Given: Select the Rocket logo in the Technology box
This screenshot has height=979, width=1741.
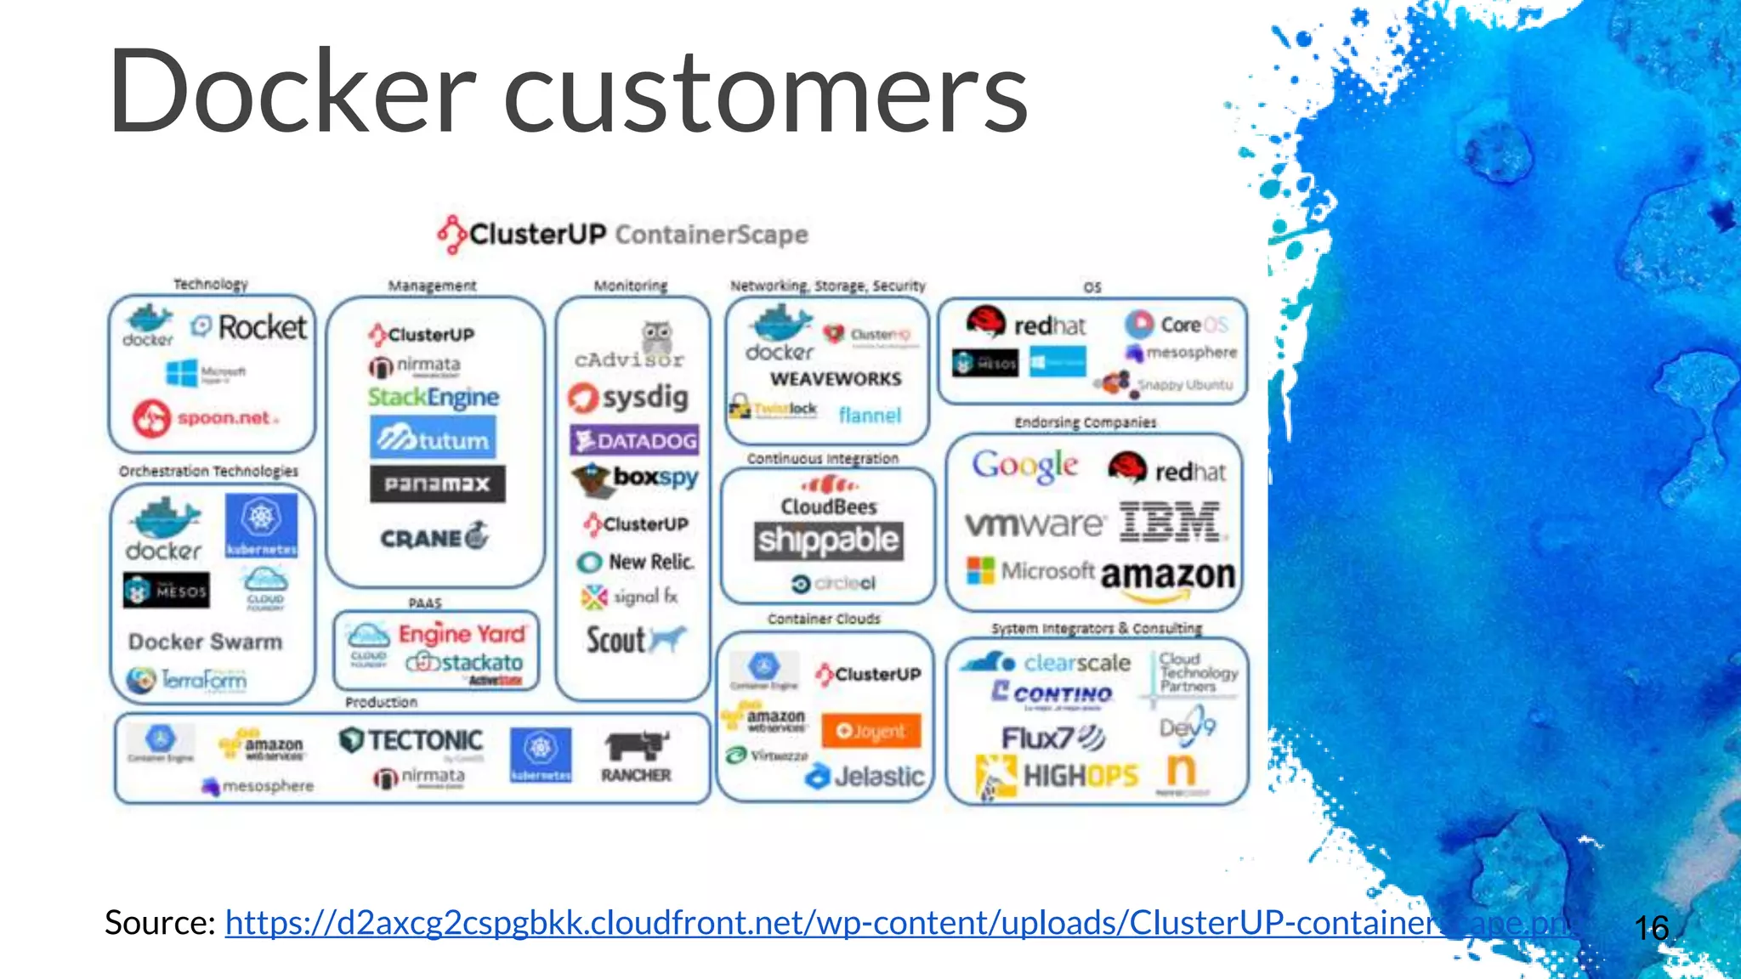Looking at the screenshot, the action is [249, 327].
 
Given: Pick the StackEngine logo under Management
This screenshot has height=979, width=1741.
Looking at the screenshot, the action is [434, 397].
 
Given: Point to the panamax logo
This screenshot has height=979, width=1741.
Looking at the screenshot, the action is [437, 484].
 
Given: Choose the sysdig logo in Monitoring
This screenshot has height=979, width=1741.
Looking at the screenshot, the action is [629, 398].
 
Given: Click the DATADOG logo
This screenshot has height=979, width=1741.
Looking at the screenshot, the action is [635, 440].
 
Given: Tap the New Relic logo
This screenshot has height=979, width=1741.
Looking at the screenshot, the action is [636, 562].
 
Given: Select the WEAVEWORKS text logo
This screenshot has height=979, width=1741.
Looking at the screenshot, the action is [836, 379].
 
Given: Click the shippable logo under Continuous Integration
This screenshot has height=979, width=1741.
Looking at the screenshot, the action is [828, 540].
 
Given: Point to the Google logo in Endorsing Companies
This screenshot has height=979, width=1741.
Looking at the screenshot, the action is [1025, 466].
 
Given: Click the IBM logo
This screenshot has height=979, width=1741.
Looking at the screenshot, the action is [1171, 522].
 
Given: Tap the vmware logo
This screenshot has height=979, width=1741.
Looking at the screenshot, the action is [1035, 524].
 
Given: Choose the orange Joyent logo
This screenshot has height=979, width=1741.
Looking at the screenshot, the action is [871, 731].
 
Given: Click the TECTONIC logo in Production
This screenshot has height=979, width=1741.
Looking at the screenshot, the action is [411, 741].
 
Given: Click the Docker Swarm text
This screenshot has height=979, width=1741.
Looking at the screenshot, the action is [205, 642].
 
